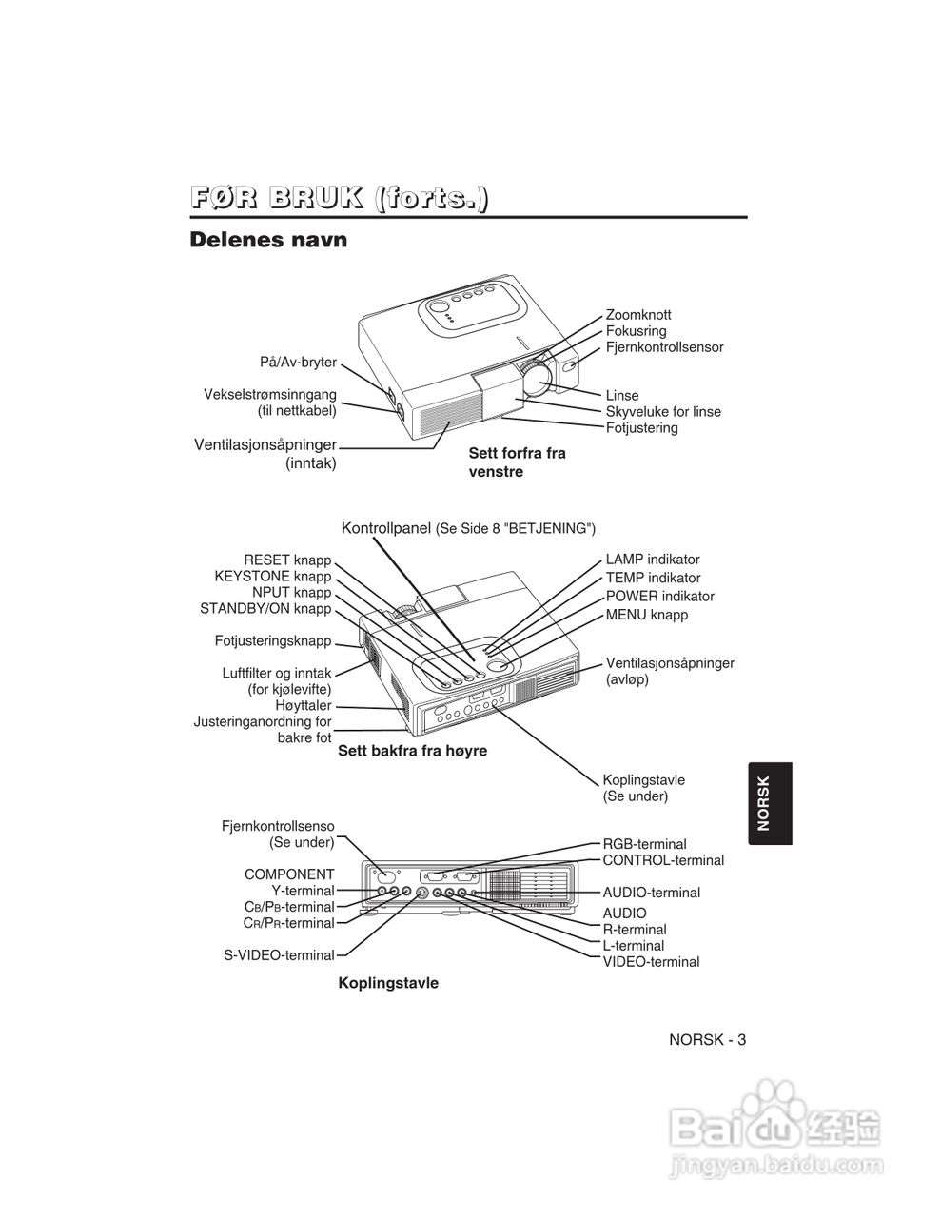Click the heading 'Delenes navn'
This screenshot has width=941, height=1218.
(268, 240)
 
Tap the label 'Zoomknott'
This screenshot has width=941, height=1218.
(638, 315)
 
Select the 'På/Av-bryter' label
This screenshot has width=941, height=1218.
(298, 363)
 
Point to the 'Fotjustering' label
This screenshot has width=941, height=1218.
(642, 428)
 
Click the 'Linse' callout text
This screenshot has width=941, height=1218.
(622, 396)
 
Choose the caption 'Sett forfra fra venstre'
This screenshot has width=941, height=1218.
(517, 462)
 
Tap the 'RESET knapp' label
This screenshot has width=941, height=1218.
(287, 560)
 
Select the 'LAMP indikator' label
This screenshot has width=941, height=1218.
(653, 560)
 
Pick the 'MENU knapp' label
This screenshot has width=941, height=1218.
(647, 615)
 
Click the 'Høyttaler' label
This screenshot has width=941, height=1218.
(304, 706)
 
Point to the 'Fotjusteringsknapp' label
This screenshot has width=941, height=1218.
(273, 641)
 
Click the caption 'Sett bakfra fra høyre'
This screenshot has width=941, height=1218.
(413, 751)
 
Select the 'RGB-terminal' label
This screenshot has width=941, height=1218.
(644, 844)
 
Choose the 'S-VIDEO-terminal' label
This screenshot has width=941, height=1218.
(279, 954)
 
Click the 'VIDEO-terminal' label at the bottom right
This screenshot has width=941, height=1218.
(651, 962)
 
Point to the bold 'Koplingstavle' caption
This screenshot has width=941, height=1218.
(388, 983)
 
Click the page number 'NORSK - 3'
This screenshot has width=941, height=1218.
(707, 1039)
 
